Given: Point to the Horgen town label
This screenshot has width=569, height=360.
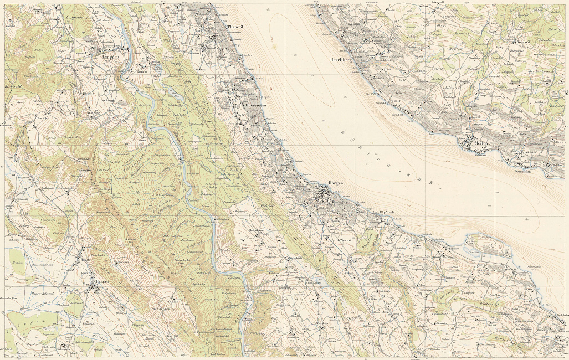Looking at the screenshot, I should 336,182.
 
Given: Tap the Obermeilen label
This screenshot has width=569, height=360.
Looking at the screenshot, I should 524,172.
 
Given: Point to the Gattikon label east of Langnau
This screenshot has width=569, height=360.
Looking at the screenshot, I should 142,71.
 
